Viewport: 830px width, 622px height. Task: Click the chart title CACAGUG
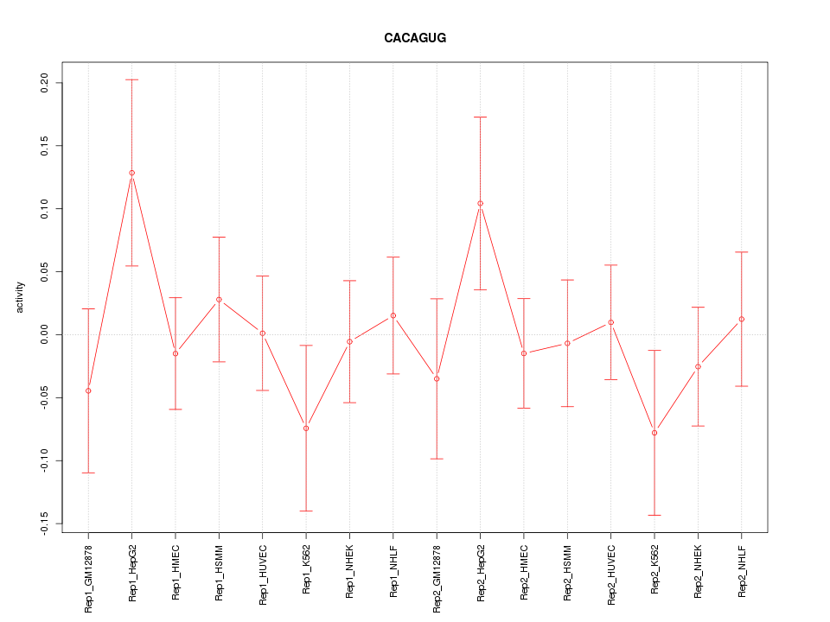[415, 38]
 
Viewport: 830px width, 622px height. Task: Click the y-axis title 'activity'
[21, 297]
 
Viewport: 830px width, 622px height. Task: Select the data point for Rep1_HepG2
[132, 173]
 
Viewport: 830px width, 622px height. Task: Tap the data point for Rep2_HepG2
[481, 203]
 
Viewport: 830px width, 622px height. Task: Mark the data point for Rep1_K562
[306, 428]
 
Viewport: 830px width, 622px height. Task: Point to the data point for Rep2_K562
[654, 433]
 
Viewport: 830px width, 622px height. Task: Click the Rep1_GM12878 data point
[88, 390]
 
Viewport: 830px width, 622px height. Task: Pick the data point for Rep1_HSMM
[219, 299]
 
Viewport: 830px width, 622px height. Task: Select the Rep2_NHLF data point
[742, 319]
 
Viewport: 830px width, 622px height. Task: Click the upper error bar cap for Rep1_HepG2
[132, 79]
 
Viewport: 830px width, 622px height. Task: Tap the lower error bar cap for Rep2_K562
[654, 515]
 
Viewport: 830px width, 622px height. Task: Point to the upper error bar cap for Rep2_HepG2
[481, 117]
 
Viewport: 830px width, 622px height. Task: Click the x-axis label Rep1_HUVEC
[263, 573]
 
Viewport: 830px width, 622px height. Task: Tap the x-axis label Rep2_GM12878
[437, 578]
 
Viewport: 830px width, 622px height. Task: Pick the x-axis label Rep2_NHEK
[699, 571]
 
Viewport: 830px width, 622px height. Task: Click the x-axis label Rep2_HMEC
[524, 571]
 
